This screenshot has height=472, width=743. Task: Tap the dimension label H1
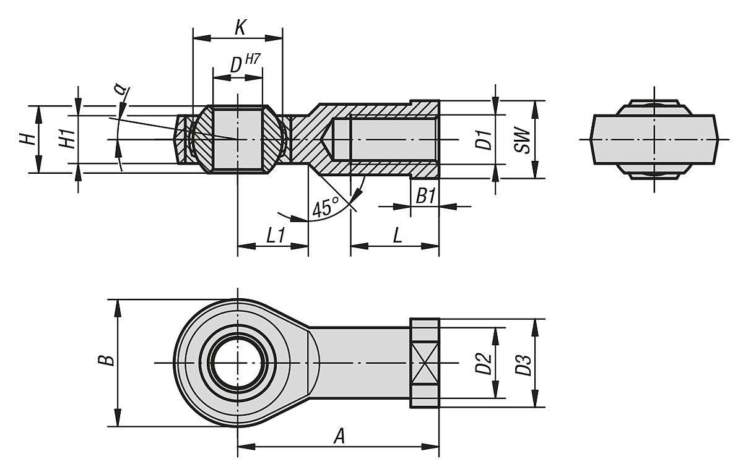[x=67, y=140]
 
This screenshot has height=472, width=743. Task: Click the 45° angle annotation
[x=326, y=207]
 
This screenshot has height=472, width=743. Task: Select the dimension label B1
[x=425, y=197]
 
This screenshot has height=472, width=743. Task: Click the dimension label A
[x=339, y=436]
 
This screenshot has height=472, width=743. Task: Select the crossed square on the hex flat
[x=424, y=363]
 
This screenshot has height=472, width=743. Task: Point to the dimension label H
[x=27, y=140]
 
